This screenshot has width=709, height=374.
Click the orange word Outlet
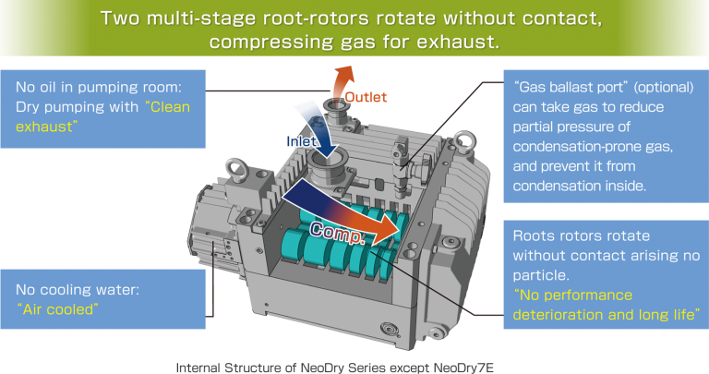coord(366,97)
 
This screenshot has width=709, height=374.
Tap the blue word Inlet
coord(301,141)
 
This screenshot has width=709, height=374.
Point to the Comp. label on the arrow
coord(337,233)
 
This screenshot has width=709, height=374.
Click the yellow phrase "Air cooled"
coord(57,309)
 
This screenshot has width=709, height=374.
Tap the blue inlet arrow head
coord(328,151)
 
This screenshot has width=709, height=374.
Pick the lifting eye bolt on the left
coord(236,169)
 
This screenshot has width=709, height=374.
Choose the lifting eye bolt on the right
coord(464,141)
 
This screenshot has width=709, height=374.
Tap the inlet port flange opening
coord(329,162)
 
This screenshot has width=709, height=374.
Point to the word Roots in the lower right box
coord(532,235)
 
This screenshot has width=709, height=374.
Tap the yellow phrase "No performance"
coord(573,295)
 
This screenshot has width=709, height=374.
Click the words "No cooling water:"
coord(78,289)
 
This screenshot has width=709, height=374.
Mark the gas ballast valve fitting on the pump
coord(402,170)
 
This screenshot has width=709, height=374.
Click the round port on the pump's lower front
coord(390,329)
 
